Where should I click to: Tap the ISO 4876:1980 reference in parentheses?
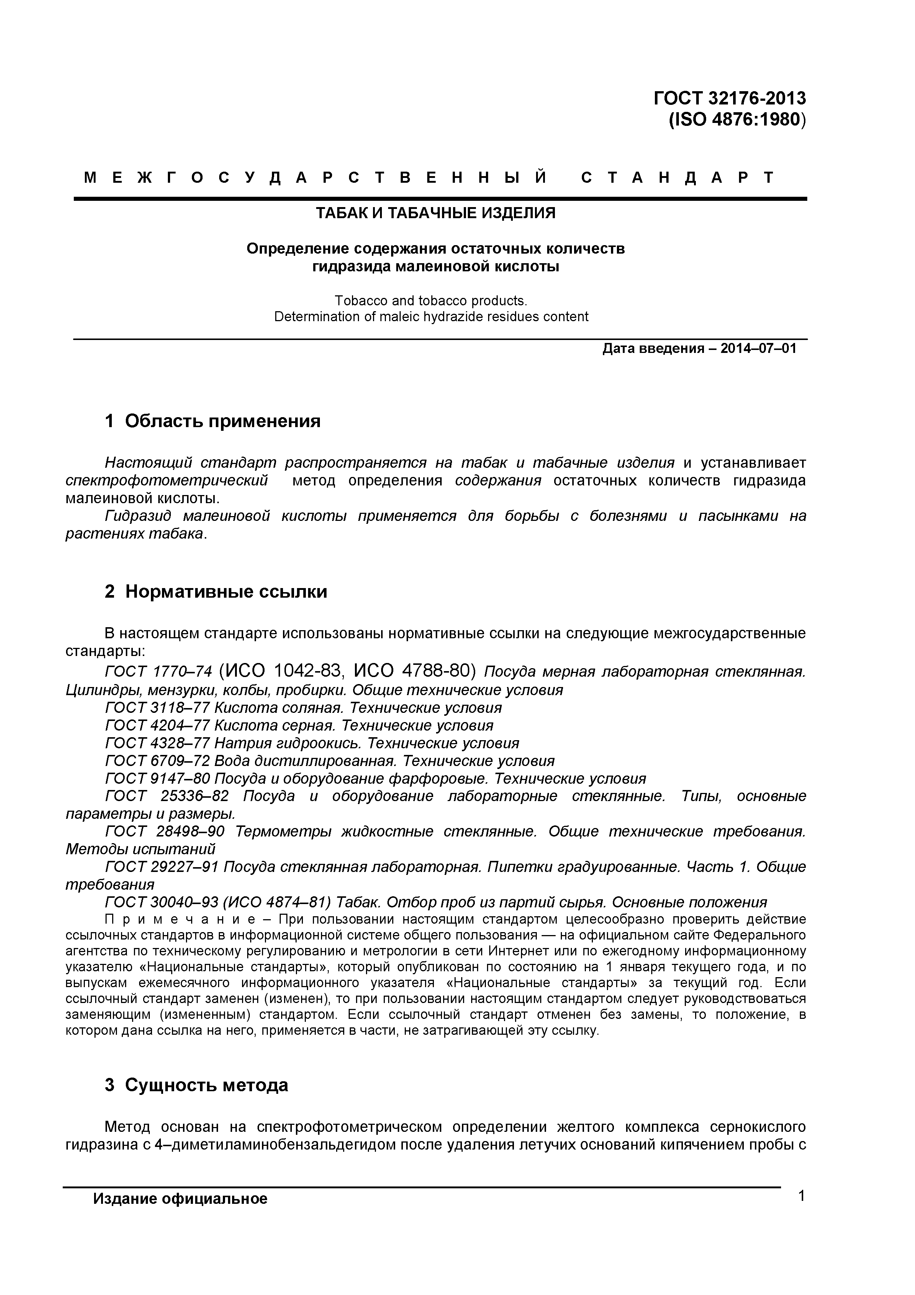(x=738, y=120)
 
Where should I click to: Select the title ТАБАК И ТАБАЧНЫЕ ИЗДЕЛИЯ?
(x=435, y=213)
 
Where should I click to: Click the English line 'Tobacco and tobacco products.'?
(x=431, y=300)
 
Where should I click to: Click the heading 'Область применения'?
(x=223, y=421)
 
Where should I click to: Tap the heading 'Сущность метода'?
(x=206, y=1085)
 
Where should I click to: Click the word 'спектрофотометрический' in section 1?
(x=166, y=481)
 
